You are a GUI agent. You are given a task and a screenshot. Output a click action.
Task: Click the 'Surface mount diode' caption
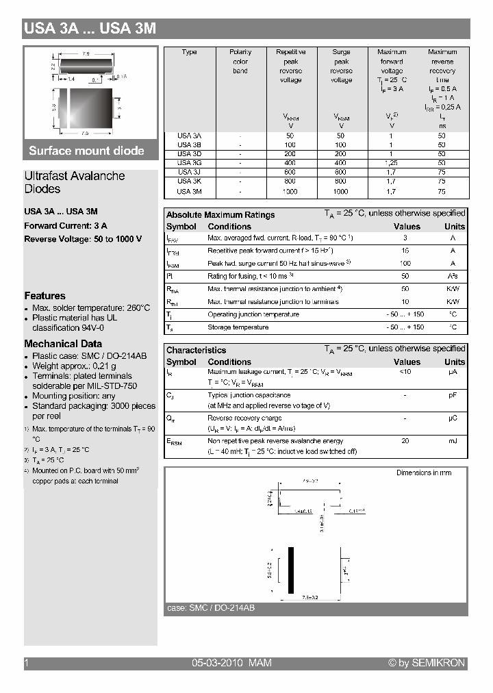click(x=86, y=151)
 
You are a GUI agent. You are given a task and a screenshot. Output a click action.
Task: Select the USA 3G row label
click(x=189, y=163)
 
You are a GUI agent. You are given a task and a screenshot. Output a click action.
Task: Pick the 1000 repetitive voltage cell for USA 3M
click(x=290, y=192)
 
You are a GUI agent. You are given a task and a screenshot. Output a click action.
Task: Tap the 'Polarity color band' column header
click(x=240, y=61)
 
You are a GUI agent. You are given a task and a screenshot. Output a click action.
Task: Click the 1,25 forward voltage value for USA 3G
click(x=391, y=163)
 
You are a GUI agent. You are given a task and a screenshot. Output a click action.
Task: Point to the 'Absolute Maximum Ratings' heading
click(x=220, y=215)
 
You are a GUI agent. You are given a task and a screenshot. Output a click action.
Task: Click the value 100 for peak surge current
click(x=405, y=263)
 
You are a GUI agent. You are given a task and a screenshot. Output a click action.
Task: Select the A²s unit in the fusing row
click(x=453, y=276)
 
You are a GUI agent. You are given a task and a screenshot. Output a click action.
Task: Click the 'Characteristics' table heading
click(x=196, y=350)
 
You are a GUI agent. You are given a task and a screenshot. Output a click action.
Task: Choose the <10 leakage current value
click(x=405, y=372)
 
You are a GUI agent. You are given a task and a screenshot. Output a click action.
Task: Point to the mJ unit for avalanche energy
click(x=453, y=441)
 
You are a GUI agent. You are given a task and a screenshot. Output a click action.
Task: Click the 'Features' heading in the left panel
click(x=45, y=296)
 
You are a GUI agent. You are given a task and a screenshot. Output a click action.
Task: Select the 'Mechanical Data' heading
click(x=63, y=344)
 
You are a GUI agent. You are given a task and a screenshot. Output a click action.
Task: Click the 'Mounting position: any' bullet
click(x=74, y=396)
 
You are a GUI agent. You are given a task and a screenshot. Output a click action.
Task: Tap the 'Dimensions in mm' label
click(x=423, y=473)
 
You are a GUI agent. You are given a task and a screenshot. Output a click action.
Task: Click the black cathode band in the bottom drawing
click(x=290, y=570)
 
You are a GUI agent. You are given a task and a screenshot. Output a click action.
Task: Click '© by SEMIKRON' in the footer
click(x=426, y=663)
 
